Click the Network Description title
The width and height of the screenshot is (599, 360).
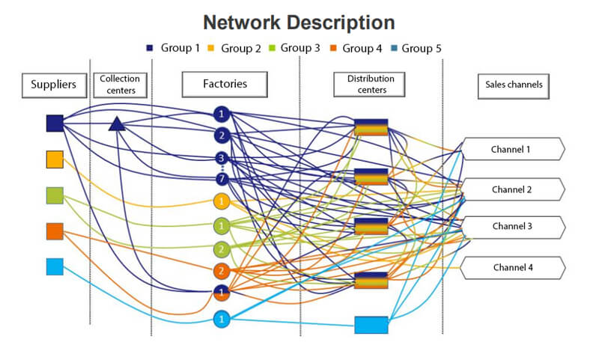click(x=299, y=22)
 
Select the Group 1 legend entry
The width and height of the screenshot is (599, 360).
click(x=173, y=49)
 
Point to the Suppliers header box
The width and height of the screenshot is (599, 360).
click(x=54, y=85)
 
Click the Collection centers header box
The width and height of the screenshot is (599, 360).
click(x=121, y=85)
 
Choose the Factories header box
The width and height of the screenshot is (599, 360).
click(x=225, y=85)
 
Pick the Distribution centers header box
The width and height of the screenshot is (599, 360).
click(x=371, y=85)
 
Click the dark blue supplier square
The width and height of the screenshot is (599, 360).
click(x=55, y=123)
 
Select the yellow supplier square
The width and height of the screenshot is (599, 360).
click(x=55, y=159)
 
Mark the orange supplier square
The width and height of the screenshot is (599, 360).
click(x=55, y=231)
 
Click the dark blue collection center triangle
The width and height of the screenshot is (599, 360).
click(x=116, y=123)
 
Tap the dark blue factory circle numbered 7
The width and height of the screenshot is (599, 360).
click(x=221, y=179)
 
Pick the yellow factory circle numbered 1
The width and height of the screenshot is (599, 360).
click(x=221, y=201)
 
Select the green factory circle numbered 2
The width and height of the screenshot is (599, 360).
click(x=221, y=248)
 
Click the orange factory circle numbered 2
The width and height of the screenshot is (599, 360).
click(x=221, y=271)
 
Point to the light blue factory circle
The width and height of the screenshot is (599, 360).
click(x=221, y=319)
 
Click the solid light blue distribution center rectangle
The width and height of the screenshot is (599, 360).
click(x=371, y=325)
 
